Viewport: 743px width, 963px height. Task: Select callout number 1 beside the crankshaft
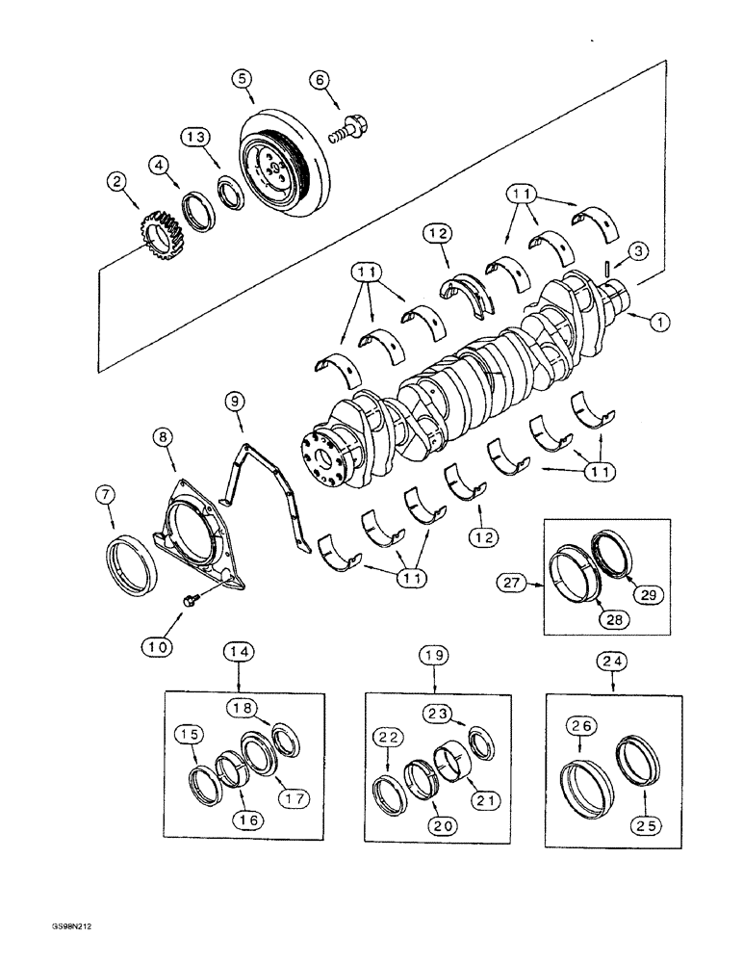tap(658, 325)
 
